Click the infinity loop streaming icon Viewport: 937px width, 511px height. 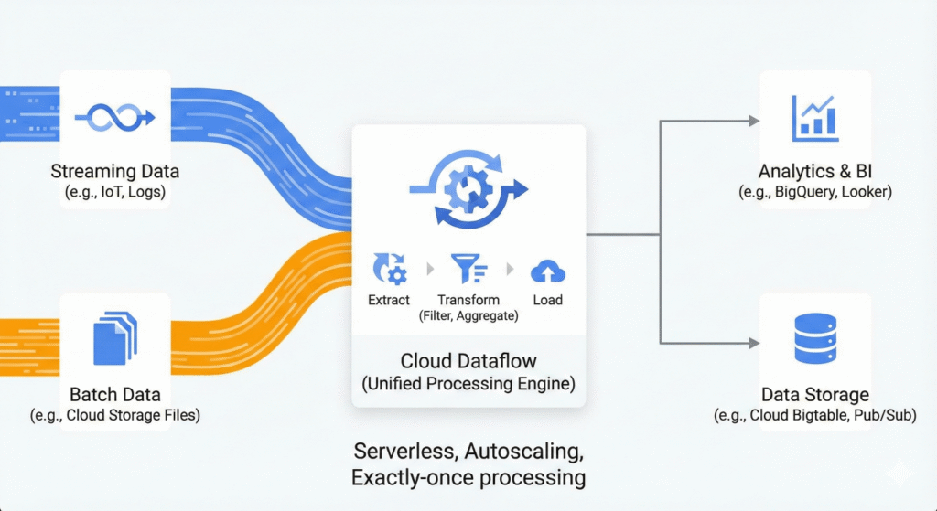[114, 116]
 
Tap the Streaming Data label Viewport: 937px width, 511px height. [115, 171]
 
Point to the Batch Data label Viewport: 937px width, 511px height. [115, 395]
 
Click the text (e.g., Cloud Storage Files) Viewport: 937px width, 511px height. [115, 415]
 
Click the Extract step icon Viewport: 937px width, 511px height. [389, 270]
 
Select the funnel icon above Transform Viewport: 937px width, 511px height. [468, 270]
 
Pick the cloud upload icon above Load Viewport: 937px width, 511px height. [547, 270]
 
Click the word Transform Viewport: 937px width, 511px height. [468, 300]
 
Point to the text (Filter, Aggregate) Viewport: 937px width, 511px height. [468, 316]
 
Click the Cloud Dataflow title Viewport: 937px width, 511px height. [468, 361]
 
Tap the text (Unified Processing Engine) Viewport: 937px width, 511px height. [468, 384]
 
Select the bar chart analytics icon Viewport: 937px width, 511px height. [813, 117]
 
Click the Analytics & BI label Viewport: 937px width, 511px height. [814, 172]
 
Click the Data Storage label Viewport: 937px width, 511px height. [814, 395]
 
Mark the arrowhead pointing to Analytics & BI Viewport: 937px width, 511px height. [754, 121]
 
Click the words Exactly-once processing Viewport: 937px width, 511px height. [468, 476]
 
